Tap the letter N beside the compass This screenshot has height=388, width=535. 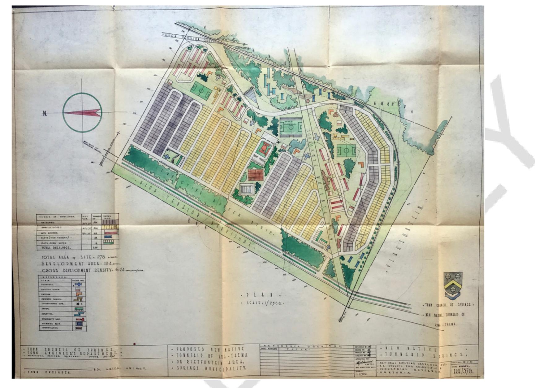[45, 114]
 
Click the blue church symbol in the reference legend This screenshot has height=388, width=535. [79, 284]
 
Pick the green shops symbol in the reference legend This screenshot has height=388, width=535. [79, 309]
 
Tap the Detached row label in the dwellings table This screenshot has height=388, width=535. [47, 222]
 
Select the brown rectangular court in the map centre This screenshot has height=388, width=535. [256, 175]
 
